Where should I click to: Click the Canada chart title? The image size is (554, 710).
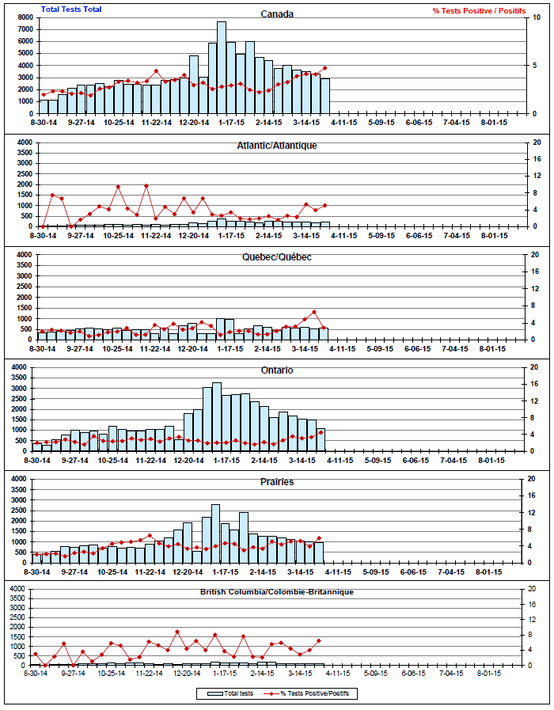pyautogui.click(x=277, y=13)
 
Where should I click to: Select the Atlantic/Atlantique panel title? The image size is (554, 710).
pyautogui.click(x=277, y=146)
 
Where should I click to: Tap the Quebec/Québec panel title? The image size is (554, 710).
pyautogui.click(x=277, y=257)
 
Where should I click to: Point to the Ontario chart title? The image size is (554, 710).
pyautogui.click(x=277, y=370)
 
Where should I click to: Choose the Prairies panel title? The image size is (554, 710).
pyautogui.click(x=277, y=481)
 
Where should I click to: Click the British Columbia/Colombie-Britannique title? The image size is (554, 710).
pyautogui.click(x=277, y=592)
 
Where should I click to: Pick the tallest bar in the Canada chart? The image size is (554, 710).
pyautogui.click(x=222, y=67)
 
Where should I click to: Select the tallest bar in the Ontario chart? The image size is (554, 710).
pyautogui.click(x=217, y=416)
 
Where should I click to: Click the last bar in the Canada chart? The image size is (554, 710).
pyautogui.click(x=325, y=96)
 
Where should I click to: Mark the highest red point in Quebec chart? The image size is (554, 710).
pyautogui.click(x=314, y=312)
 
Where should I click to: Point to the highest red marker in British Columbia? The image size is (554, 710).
pyautogui.click(x=177, y=632)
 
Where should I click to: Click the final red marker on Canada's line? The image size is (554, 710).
pyautogui.click(x=325, y=68)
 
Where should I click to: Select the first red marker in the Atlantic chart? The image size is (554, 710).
pyautogui.click(x=44, y=226)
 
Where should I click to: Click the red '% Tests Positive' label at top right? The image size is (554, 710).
pyautogui.click(x=478, y=11)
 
